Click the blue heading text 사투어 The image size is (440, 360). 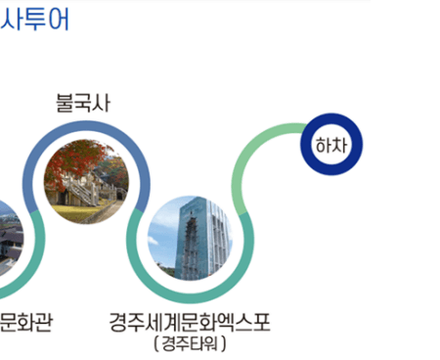tap(35, 20)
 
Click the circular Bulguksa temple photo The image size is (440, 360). tap(87, 179)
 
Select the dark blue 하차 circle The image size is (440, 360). tap(330, 145)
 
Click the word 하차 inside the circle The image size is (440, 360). tap(330, 145)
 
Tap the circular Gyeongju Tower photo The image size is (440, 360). tap(191, 238)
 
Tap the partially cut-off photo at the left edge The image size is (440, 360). tap(7, 240)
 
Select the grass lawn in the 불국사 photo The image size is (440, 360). tap(68, 208)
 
